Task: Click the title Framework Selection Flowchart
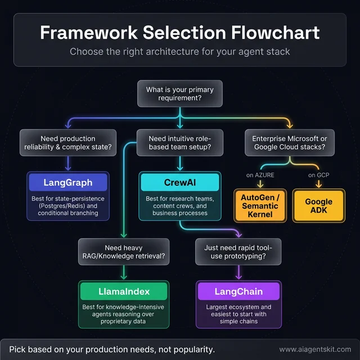click(179, 32)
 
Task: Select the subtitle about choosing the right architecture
click(179, 52)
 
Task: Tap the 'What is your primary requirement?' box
click(179, 94)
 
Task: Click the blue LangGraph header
click(68, 183)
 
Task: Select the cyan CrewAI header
click(179, 183)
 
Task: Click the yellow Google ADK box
click(318, 206)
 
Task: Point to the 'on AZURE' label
click(260, 175)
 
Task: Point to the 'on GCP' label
click(318, 175)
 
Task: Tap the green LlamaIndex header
click(124, 291)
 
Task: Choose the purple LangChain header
click(238, 291)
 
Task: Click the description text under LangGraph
click(68, 206)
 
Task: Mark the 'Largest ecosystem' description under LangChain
click(238, 314)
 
